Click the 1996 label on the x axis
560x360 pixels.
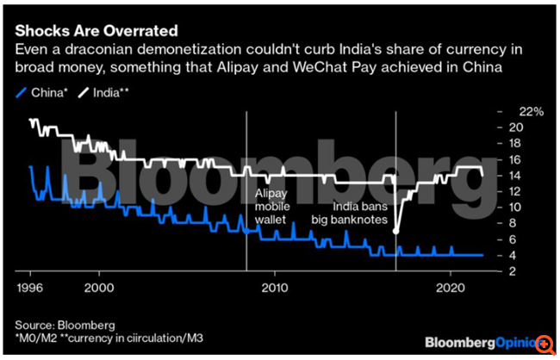click(x=31, y=284)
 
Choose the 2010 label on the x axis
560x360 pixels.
click(x=276, y=284)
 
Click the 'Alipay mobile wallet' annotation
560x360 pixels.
click(x=273, y=207)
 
